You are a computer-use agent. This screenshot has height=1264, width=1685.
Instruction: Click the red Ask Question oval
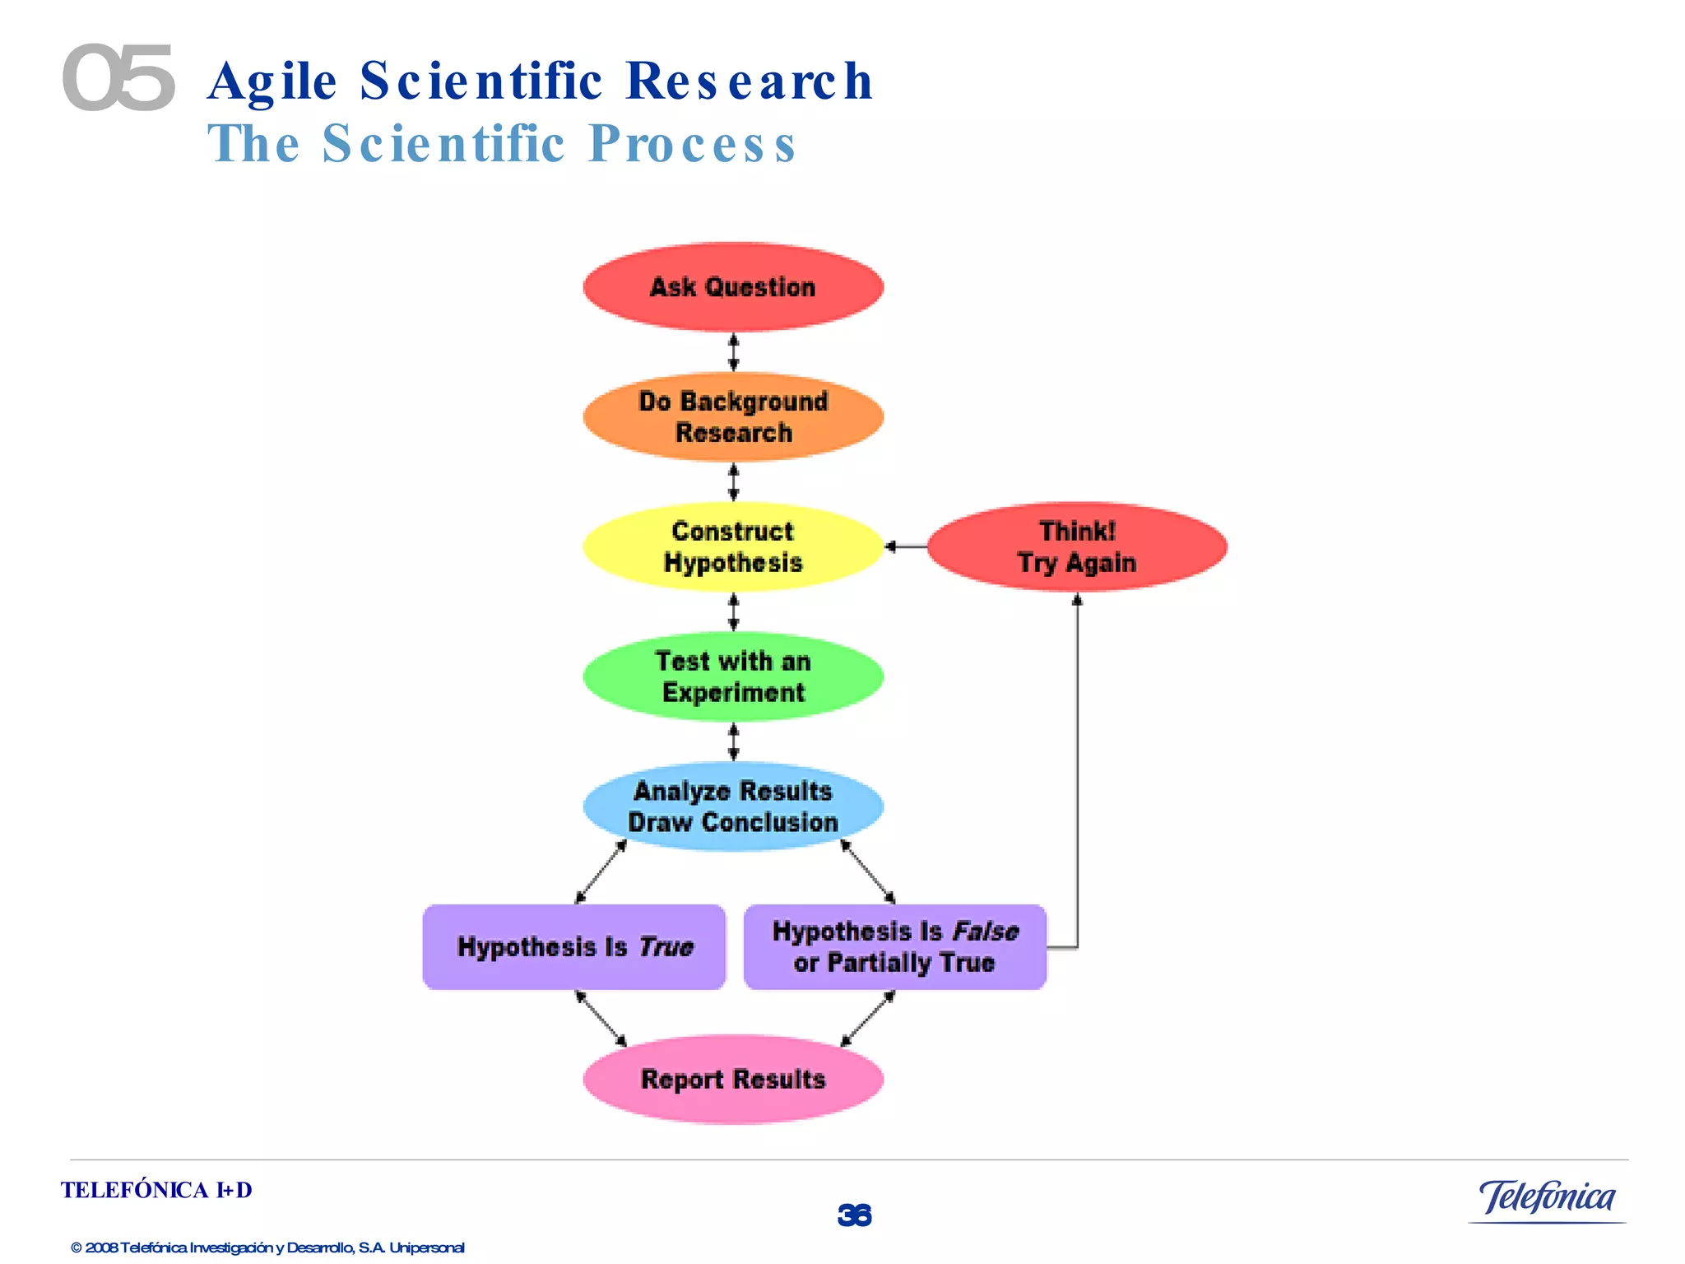click(733, 287)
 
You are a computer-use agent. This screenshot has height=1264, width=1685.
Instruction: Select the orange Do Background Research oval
click(733, 416)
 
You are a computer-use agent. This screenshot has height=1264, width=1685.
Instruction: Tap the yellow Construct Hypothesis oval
click(733, 546)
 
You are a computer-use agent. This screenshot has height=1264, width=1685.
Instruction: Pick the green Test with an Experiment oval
click(733, 676)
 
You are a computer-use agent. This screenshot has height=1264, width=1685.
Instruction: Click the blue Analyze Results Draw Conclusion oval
click(733, 806)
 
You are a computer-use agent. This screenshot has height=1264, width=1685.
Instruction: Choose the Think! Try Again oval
click(1077, 546)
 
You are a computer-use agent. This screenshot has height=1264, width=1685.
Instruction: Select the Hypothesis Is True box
click(574, 947)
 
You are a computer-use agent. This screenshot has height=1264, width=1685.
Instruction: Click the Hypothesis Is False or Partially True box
click(895, 947)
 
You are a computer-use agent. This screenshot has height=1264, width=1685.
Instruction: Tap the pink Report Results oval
click(733, 1079)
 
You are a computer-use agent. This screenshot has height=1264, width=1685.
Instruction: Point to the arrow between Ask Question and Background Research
click(734, 352)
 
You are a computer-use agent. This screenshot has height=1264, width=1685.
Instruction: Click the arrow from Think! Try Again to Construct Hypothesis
click(905, 546)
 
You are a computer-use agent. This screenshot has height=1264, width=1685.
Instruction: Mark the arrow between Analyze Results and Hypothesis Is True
click(601, 872)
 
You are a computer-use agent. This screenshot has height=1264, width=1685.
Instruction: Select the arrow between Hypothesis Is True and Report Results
click(601, 1019)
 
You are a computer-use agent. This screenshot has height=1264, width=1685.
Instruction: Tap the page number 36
click(854, 1215)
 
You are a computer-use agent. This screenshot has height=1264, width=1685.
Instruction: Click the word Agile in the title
click(272, 81)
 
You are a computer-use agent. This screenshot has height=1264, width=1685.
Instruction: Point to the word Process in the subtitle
click(692, 144)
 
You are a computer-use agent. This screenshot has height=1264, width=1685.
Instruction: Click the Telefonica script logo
click(1547, 1197)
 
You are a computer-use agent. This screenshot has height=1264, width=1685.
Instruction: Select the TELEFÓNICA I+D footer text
click(156, 1190)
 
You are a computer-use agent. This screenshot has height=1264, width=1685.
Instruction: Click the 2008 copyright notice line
click(267, 1248)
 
